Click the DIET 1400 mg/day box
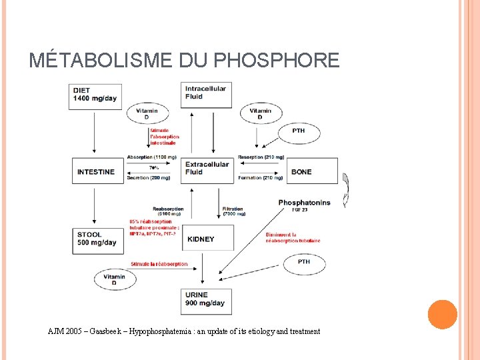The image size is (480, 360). click(x=97, y=97)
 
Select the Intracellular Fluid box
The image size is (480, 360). click(x=207, y=94)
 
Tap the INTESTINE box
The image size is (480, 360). click(x=97, y=171)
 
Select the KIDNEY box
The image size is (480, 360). click(x=208, y=238)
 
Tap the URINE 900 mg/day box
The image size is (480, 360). click(x=207, y=300)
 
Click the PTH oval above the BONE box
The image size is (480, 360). click(x=299, y=131)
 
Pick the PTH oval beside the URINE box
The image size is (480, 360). click(x=304, y=262)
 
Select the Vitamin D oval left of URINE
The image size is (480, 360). click(x=115, y=280)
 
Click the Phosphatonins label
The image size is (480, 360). click(x=303, y=203)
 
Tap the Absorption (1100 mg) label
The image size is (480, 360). click(x=153, y=157)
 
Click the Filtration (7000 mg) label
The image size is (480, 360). click(x=234, y=211)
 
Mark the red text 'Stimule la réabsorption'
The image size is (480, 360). click(x=160, y=264)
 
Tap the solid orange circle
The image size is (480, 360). click(x=442, y=315)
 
